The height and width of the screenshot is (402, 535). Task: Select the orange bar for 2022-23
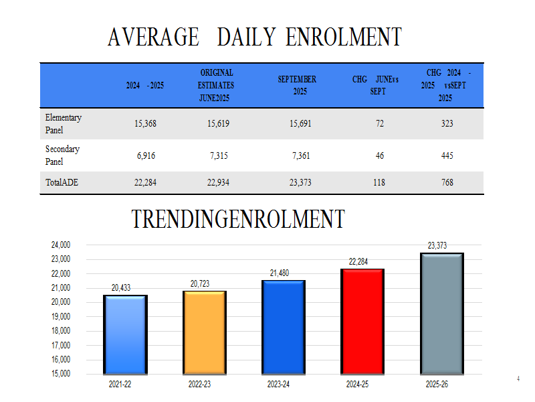pyautogui.click(x=205, y=332)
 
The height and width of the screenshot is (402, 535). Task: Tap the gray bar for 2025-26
pyautogui.click(x=442, y=312)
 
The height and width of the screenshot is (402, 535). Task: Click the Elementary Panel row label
pyautogui.click(x=63, y=124)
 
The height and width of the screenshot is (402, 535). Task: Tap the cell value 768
pyautogui.click(x=447, y=183)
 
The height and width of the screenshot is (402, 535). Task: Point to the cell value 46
pyautogui.click(x=379, y=155)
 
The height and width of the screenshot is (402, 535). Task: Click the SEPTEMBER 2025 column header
pyautogui.click(x=298, y=86)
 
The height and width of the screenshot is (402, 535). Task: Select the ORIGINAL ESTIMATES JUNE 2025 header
pyautogui.click(x=217, y=86)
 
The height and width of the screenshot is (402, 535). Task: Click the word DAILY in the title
pyautogui.click(x=245, y=37)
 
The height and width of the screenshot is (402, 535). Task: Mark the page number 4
pyautogui.click(x=518, y=379)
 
